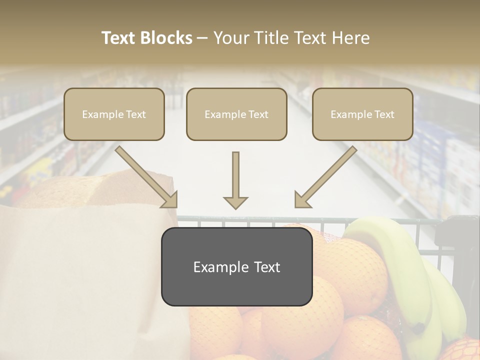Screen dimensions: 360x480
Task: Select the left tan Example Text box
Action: coord(114,114)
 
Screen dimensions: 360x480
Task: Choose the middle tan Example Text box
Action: coord(236,114)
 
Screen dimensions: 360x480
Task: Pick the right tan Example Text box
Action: coord(362,114)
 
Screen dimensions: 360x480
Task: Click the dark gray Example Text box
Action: coord(237,266)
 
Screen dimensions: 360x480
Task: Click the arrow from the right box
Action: coord(327,175)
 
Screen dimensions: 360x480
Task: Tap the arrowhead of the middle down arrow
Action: coord(235,202)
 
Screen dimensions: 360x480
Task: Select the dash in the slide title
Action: coord(202,38)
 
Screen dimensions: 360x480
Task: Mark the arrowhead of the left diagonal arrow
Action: coord(170,200)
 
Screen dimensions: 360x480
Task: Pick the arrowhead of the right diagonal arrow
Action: coord(301,200)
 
